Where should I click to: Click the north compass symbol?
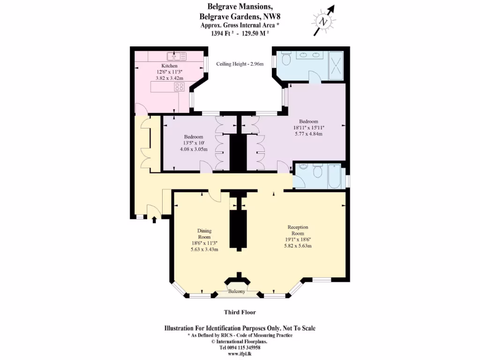(323, 21)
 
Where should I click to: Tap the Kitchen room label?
(169, 66)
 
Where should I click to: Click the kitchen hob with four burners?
(179, 86)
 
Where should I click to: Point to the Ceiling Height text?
(240, 64)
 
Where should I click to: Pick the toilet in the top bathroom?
(287, 60)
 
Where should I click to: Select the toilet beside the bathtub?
(318, 172)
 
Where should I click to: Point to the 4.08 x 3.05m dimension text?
(194, 149)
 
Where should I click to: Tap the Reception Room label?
(298, 230)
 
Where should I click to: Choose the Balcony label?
(237, 292)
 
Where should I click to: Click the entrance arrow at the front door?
(154, 219)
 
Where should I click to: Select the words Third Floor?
(240, 312)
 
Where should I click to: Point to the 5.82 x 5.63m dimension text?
(299, 246)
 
